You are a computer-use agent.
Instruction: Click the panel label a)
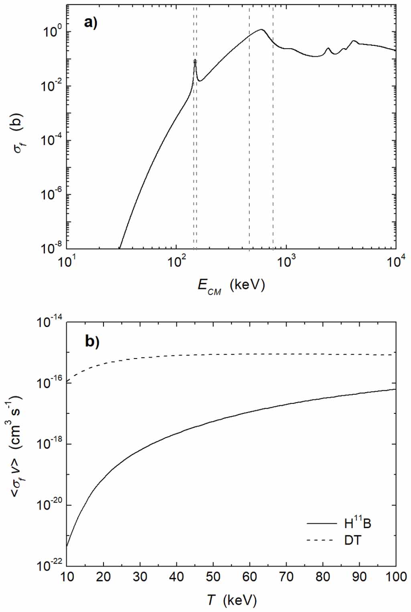(91, 22)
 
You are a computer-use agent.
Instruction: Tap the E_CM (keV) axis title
(231, 286)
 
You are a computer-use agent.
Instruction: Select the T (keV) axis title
(231, 600)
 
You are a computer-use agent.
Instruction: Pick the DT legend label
(352, 540)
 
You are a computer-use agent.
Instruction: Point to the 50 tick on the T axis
(213, 577)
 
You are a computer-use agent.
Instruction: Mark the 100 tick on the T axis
(395, 577)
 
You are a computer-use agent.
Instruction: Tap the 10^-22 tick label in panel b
(50, 565)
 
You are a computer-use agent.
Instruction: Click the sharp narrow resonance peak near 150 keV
(195, 60)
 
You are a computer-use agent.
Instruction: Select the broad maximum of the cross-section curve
(261, 29)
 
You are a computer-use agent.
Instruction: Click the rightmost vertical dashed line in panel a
(273, 120)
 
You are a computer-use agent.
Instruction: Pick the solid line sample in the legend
(322, 523)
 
